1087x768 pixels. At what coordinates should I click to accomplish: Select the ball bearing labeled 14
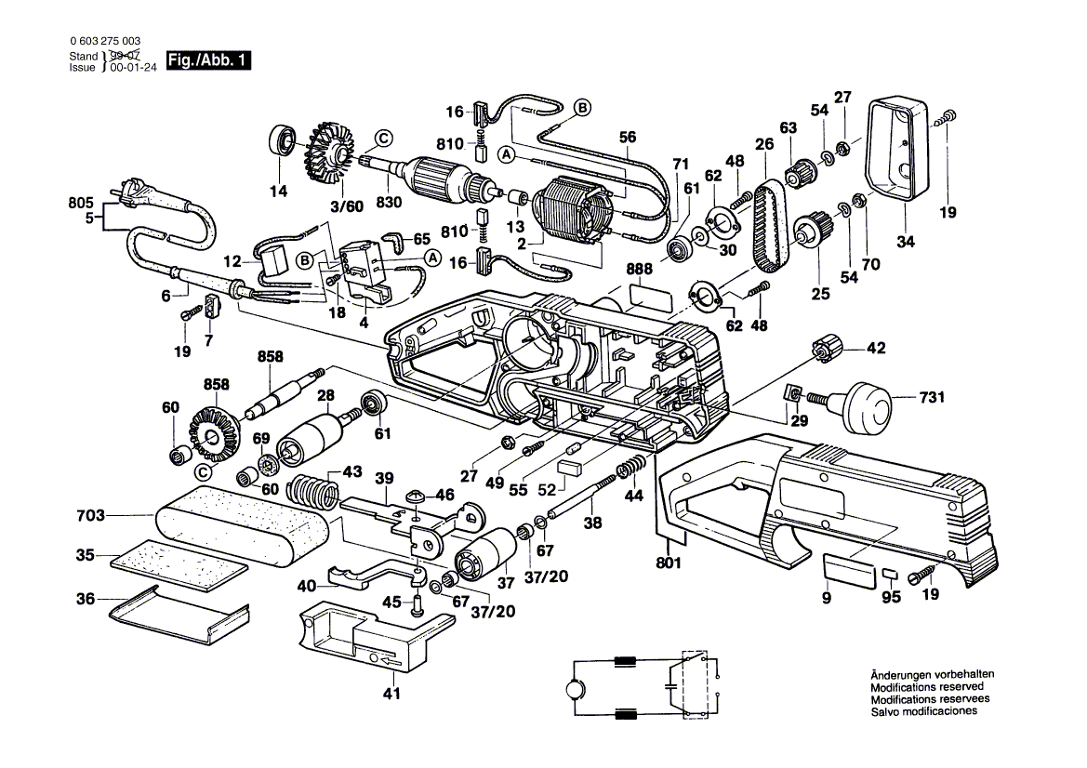click(x=281, y=141)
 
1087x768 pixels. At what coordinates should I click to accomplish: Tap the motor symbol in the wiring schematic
click(x=568, y=691)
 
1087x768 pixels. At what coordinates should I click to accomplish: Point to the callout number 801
click(x=669, y=563)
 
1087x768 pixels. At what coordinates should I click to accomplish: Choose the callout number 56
click(x=628, y=137)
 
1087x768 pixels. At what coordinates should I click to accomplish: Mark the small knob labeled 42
click(x=826, y=351)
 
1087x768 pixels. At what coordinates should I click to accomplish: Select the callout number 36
click(x=86, y=600)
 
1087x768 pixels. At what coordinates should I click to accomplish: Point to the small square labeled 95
click(x=891, y=574)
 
